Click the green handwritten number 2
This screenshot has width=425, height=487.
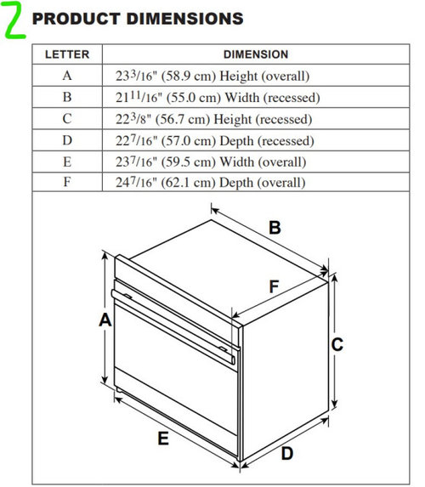[x=14, y=20]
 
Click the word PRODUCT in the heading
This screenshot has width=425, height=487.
[x=76, y=19]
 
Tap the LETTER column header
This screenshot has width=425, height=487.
[x=67, y=54]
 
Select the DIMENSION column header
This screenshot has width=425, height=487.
[x=256, y=54]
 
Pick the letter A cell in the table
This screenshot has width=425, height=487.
[x=67, y=76]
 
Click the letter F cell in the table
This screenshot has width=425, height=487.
[x=67, y=182]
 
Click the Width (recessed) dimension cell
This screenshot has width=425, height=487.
[x=256, y=97]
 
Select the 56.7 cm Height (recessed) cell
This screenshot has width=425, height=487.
[x=256, y=119]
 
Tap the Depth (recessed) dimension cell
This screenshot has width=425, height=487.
[x=256, y=140]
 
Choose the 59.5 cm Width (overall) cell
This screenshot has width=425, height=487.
[x=256, y=161]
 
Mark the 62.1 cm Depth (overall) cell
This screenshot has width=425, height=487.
[x=256, y=182]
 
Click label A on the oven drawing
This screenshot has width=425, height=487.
[x=105, y=320]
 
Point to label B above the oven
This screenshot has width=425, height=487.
[x=275, y=227]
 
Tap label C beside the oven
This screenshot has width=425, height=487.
[x=337, y=344]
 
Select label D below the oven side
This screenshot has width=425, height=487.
[x=287, y=453]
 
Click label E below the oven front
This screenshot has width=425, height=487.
[x=163, y=439]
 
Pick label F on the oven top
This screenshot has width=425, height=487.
[x=274, y=286]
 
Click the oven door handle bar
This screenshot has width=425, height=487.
[x=173, y=327]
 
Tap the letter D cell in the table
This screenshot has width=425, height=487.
[x=67, y=140]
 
